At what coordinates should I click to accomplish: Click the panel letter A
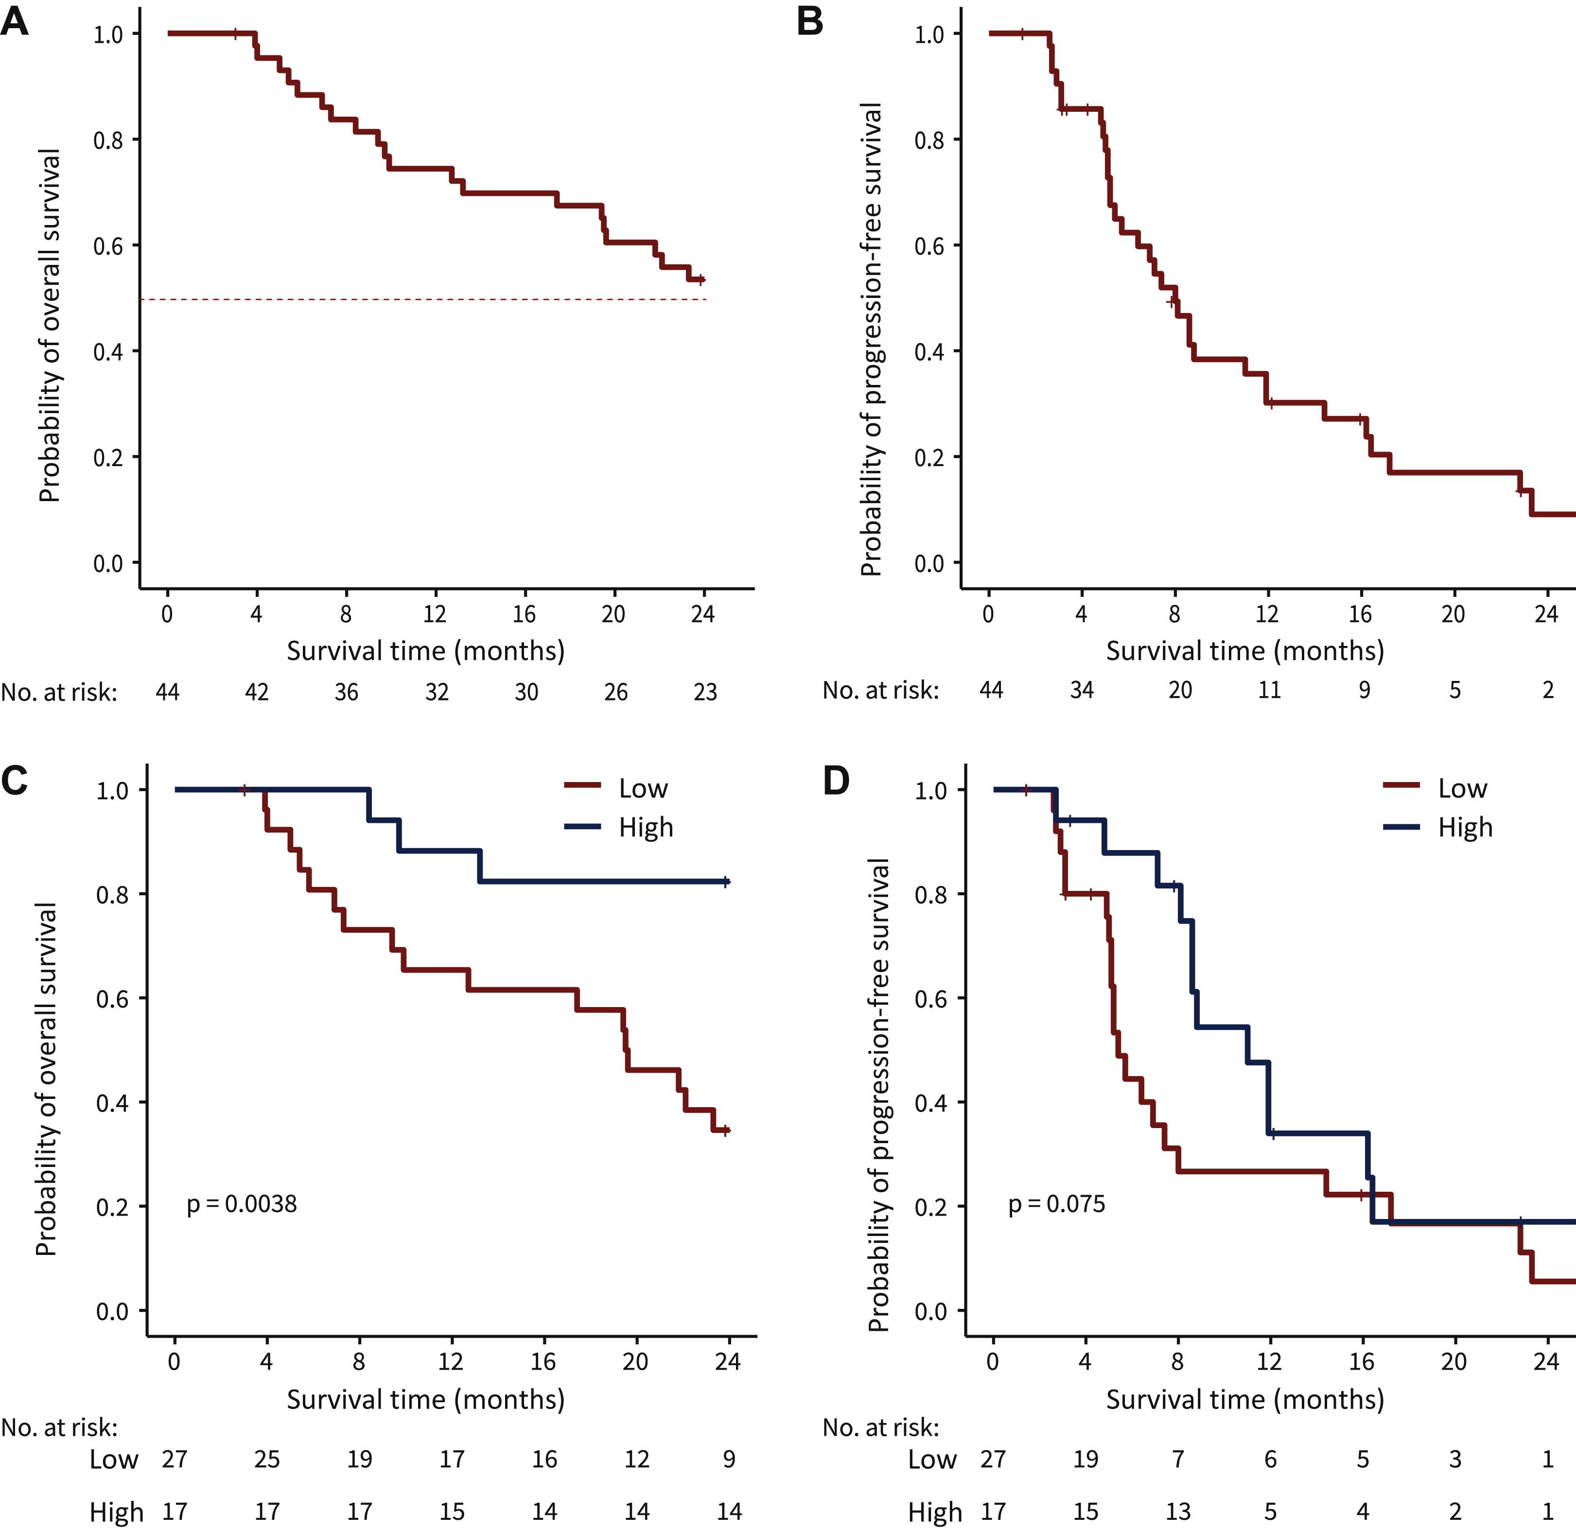click(x=15, y=22)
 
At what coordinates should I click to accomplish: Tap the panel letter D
click(x=836, y=780)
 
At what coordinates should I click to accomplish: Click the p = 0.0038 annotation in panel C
click(x=241, y=1204)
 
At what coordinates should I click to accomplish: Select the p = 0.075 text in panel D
click(x=1056, y=1204)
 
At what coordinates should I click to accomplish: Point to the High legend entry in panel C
click(x=645, y=827)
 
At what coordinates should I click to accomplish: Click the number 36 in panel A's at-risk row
click(x=346, y=692)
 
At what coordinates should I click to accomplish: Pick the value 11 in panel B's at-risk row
click(x=1269, y=690)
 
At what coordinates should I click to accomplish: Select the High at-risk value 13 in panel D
click(x=1177, y=1512)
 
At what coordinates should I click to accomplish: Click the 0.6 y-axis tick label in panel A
click(x=108, y=246)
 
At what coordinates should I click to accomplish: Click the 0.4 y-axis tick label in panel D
click(x=930, y=1103)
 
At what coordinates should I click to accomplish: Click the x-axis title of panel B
click(x=1245, y=650)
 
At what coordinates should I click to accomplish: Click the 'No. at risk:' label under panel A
click(x=59, y=692)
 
